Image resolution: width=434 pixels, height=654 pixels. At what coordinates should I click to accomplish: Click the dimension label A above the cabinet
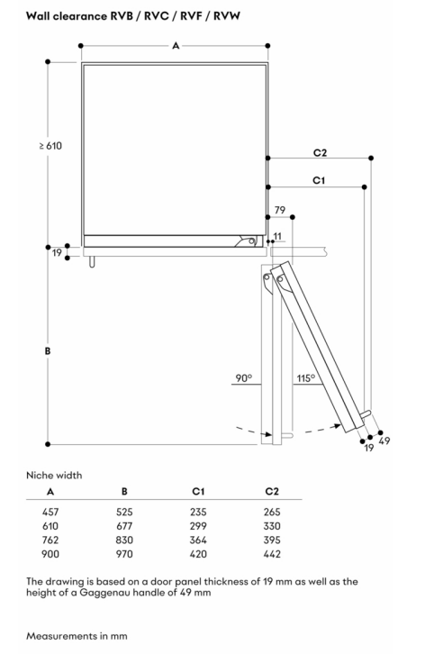(176, 45)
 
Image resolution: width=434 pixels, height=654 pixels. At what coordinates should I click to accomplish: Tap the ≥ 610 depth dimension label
(50, 146)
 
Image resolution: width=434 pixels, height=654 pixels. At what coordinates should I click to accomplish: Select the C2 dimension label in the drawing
(320, 152)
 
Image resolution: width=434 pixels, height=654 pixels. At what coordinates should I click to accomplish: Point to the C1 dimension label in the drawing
(319, 180)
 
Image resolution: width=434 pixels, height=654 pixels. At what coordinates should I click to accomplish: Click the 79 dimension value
(280, 210)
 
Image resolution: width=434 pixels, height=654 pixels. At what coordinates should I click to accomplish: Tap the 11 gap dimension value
(277, 236)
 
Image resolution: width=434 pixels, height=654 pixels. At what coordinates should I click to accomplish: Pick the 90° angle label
(244, 377)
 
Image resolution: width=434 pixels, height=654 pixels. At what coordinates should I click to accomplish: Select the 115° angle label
(305, 377)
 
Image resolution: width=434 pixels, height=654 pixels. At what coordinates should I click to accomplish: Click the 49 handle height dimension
(384, 441)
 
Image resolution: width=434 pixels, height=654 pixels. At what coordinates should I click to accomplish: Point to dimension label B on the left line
(48, 350)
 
